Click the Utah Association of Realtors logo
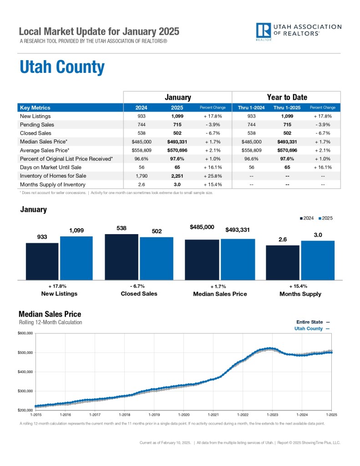coord(298,31)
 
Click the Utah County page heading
coord(62,67)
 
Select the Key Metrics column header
coord(35,108)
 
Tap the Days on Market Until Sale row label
coord(50,167)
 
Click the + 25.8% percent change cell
coord(213,176)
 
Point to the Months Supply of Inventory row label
coord(52,184)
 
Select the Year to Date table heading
coord(286,97)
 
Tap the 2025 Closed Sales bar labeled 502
coord(157,258)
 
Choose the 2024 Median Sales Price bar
coord(202,259)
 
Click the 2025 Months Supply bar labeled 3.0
coord(318,260)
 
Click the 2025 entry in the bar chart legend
coord(325,218)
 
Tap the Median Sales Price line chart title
coord(50,314)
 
